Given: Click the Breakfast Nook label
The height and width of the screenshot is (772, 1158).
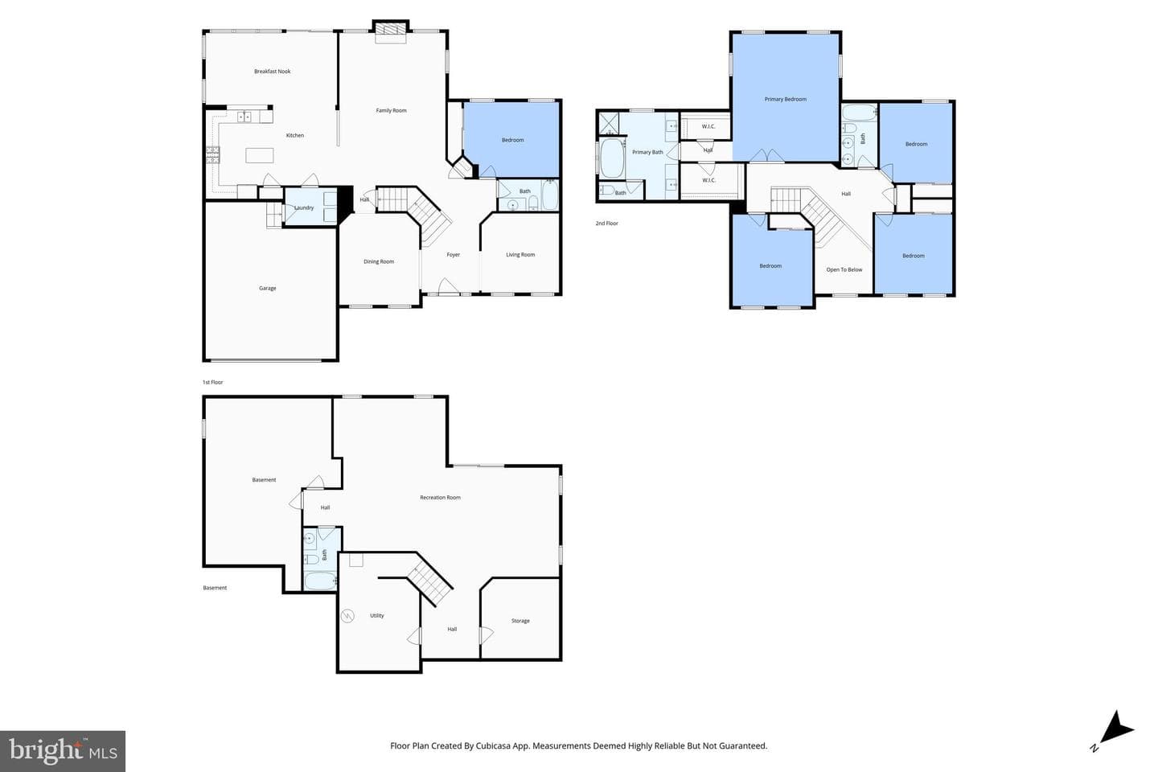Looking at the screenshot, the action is point(272,72).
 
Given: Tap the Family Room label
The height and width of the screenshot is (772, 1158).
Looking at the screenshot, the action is point(391,110).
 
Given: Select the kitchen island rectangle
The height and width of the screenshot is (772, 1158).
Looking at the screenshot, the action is point(260,155).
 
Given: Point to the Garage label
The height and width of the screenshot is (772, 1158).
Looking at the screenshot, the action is point(267,288).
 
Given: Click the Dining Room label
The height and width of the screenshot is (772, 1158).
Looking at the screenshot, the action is point(379,261).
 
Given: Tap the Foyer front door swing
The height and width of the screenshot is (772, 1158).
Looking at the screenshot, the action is point(448,286).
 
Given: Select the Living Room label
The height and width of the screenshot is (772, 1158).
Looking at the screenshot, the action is point(520,254).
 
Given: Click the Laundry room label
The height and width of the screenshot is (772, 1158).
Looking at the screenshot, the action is point(304,207).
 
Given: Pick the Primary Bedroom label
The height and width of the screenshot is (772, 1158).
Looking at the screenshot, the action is point(785,99).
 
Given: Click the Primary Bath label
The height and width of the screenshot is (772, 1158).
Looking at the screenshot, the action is point(647,152).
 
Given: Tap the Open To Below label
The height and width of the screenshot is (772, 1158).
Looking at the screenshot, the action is point(844,269).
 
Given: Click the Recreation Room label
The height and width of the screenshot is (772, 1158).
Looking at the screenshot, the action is point(440,498).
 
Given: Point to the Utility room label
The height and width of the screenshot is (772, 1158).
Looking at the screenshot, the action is point(377,615).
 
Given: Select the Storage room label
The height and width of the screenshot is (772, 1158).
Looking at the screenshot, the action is point(520,621).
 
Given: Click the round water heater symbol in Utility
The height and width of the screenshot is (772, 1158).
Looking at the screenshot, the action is point(347,616).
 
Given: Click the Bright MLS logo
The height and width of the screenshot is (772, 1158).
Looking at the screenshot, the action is point(63,751).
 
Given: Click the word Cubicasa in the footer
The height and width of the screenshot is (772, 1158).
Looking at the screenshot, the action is point(495,745).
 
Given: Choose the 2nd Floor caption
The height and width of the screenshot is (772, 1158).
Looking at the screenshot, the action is point(606,224).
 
